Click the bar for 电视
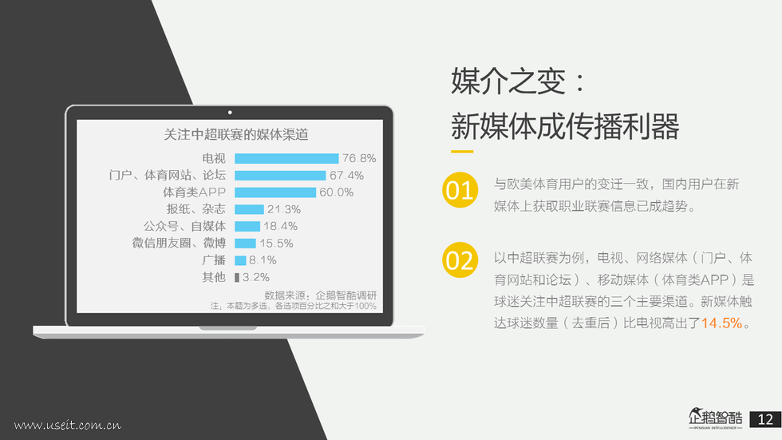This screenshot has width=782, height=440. pos(286,159)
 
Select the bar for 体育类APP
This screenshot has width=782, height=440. pos(275,192)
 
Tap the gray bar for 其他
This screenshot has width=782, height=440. pos(237,277)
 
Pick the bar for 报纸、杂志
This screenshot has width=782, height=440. pos(249,209)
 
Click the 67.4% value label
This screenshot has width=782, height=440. pos(346,176)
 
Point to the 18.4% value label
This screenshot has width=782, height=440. pos(280,227)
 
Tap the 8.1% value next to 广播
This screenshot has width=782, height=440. pos(263,260)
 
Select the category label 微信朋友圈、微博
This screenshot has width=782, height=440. pos(179,244)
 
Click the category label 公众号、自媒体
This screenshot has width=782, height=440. pos(185,227)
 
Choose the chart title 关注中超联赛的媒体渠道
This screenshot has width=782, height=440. pos(236,135)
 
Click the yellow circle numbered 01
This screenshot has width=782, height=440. pos(460,190)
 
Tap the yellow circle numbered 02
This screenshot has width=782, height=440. pos(460,260)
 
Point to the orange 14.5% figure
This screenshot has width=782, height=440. pos(721,323)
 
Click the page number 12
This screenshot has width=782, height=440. pos(765,419)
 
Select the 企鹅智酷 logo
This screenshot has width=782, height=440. pos(715,418)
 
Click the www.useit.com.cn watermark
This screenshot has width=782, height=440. pos(67,425)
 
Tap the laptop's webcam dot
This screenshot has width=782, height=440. pos(230,113)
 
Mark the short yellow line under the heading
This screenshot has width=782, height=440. pos(462,151)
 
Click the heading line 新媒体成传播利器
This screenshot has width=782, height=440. pos(565,126)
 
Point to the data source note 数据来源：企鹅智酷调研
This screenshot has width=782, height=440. pos(321,295)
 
